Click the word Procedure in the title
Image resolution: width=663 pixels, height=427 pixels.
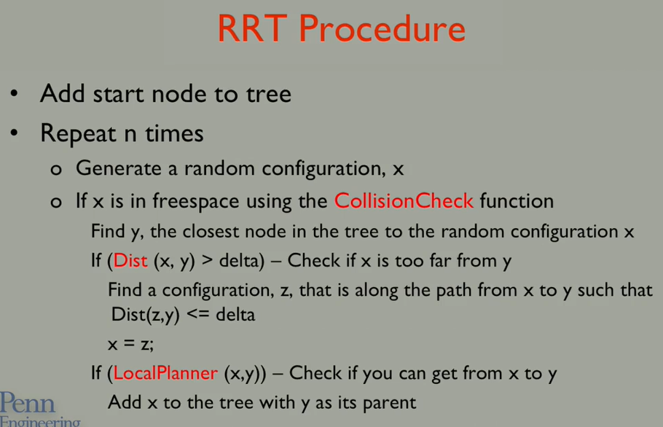click(x=382, y=28)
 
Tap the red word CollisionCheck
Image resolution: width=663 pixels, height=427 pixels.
click(x=404, y=201)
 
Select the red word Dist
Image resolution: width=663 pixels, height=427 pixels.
click(x=130, y=261)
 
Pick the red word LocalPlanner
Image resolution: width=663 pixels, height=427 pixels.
click(x=165, y=373)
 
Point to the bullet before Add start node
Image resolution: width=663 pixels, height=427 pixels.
click(x=15, y=93)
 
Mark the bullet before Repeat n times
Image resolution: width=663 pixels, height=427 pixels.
click(x=15, y=133)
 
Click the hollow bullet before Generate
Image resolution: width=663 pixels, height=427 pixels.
click(x=56, y=170)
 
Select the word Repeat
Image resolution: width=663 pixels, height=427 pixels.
click(x=78, y=134)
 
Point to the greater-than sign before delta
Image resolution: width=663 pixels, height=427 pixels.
click(x=207, y=260)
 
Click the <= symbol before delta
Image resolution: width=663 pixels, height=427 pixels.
click(x=198, y=315)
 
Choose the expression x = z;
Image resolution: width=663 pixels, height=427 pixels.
click(x=130, y=345)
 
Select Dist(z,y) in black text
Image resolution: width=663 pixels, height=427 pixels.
click(x=146, y=315)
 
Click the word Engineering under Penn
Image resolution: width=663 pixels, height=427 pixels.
click(x=40, y=422)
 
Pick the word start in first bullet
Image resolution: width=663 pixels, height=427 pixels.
click(x=118, y=94)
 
